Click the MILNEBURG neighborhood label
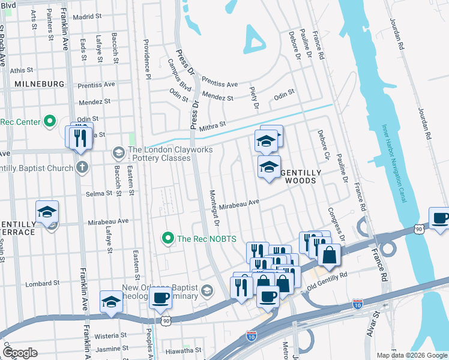(x=40, y=84)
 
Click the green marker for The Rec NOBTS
(x=169, y=238)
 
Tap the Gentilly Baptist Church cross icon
(x=82, y=168)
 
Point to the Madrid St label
(x=84, y=17)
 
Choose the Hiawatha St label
(x=184, y=350)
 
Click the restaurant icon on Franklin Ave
(x=80, y=138)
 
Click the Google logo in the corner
(x=20, y=353)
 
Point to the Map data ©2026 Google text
(x=411, y=355)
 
